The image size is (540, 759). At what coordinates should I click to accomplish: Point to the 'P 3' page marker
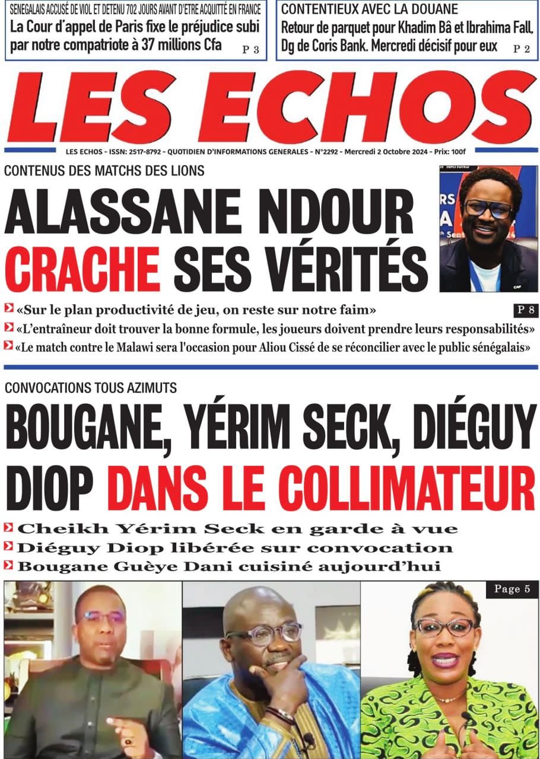tap(250, 50)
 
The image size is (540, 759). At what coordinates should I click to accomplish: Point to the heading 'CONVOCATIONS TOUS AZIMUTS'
tap(90, 388)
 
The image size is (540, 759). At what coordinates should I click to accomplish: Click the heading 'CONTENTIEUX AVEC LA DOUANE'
tap(369, 9)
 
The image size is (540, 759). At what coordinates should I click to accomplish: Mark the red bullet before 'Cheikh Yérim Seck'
tap(8, 527)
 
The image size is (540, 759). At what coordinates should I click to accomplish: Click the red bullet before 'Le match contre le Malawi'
tap(8, 347)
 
